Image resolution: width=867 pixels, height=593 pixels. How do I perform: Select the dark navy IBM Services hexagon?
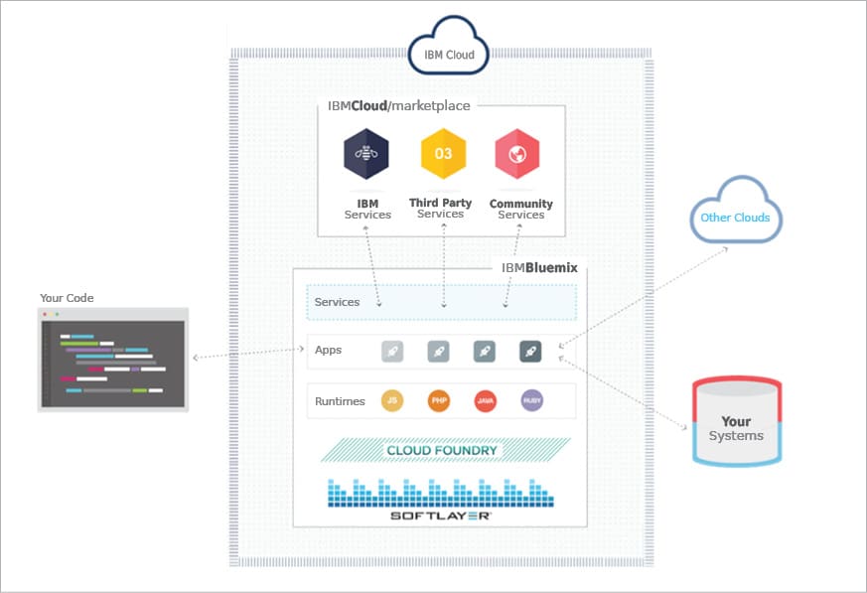tap(366, 154)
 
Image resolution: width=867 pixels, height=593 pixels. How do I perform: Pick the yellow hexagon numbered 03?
tap(443, 153)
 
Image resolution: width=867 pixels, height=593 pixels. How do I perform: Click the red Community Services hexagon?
tap(516, 154)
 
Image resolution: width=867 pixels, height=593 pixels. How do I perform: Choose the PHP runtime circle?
tap(439, 401)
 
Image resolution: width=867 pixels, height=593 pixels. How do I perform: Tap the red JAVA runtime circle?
tap(485, 401)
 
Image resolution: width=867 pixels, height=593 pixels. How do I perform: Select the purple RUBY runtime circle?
tap(531, 401)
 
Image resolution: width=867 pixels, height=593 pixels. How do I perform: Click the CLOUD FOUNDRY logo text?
tap(442, 451)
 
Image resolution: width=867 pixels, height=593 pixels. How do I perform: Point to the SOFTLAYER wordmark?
tap(441, 517)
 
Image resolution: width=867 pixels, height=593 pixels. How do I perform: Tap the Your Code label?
tap(67, 298)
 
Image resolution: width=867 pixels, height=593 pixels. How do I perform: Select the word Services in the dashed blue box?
tap(337, 302)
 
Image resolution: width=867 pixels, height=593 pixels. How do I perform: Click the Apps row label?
tap(328, 351)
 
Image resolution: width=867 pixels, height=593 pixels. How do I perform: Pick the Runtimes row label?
tap(340, 401)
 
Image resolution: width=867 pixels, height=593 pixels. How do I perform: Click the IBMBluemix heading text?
tap(539, 268)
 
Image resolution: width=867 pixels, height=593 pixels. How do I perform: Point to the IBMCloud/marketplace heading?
tap(399, 106)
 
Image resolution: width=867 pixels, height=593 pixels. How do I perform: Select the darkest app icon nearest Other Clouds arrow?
tap(530, 351)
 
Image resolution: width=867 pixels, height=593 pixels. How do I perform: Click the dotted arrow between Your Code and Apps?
tap(248, 354)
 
